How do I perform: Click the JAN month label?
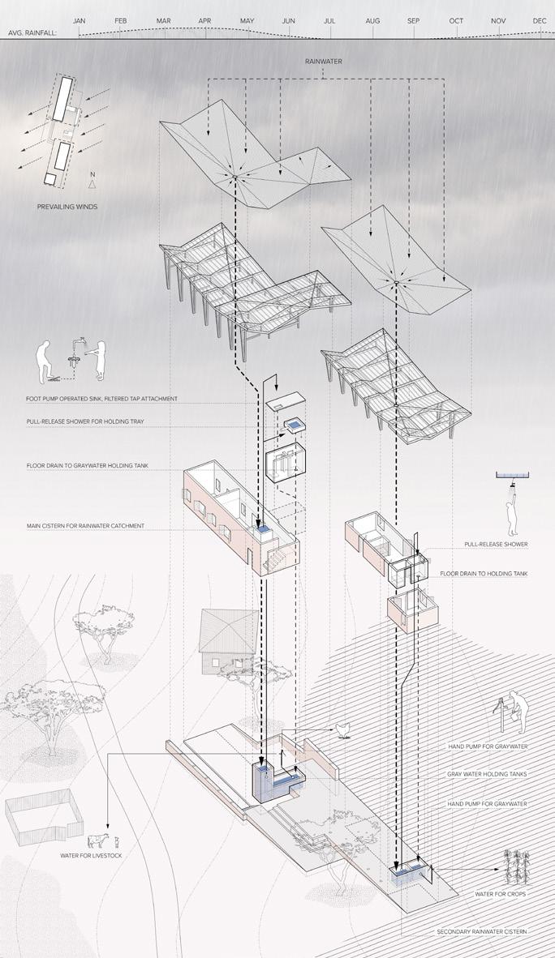tap(79, 20)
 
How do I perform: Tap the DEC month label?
tap(540, 20)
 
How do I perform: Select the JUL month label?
tap(329, 20)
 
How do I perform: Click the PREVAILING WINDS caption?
tap(67, 207)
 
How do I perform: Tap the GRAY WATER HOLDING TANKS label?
tap(487, 775)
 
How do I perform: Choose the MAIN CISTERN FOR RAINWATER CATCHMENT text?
tap(84, 526)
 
